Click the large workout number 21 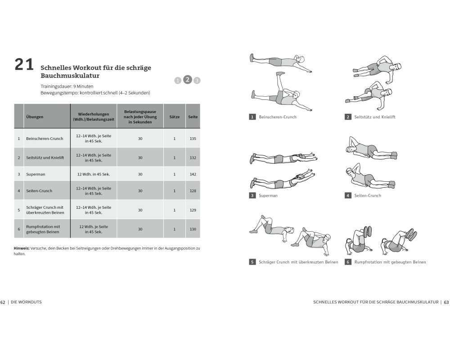point(24,65)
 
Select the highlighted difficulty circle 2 point(188,80)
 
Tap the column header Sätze point(175,117)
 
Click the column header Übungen point(35,117)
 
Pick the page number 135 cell point(193,139)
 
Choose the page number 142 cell point(193,174)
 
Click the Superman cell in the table point(36,174)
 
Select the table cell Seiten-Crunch point(40,191)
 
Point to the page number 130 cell point(193,229)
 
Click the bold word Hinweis point(22,248)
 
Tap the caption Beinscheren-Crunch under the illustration point(278,117)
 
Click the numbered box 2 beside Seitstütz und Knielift point(348,117)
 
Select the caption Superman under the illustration point(268,196)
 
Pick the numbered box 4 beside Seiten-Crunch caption point(348,196)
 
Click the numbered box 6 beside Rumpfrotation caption point(348,262)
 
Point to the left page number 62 point(3,302)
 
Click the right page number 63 point(446,302)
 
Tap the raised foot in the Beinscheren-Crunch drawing point(280,73)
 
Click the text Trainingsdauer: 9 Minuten point(62,85)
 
